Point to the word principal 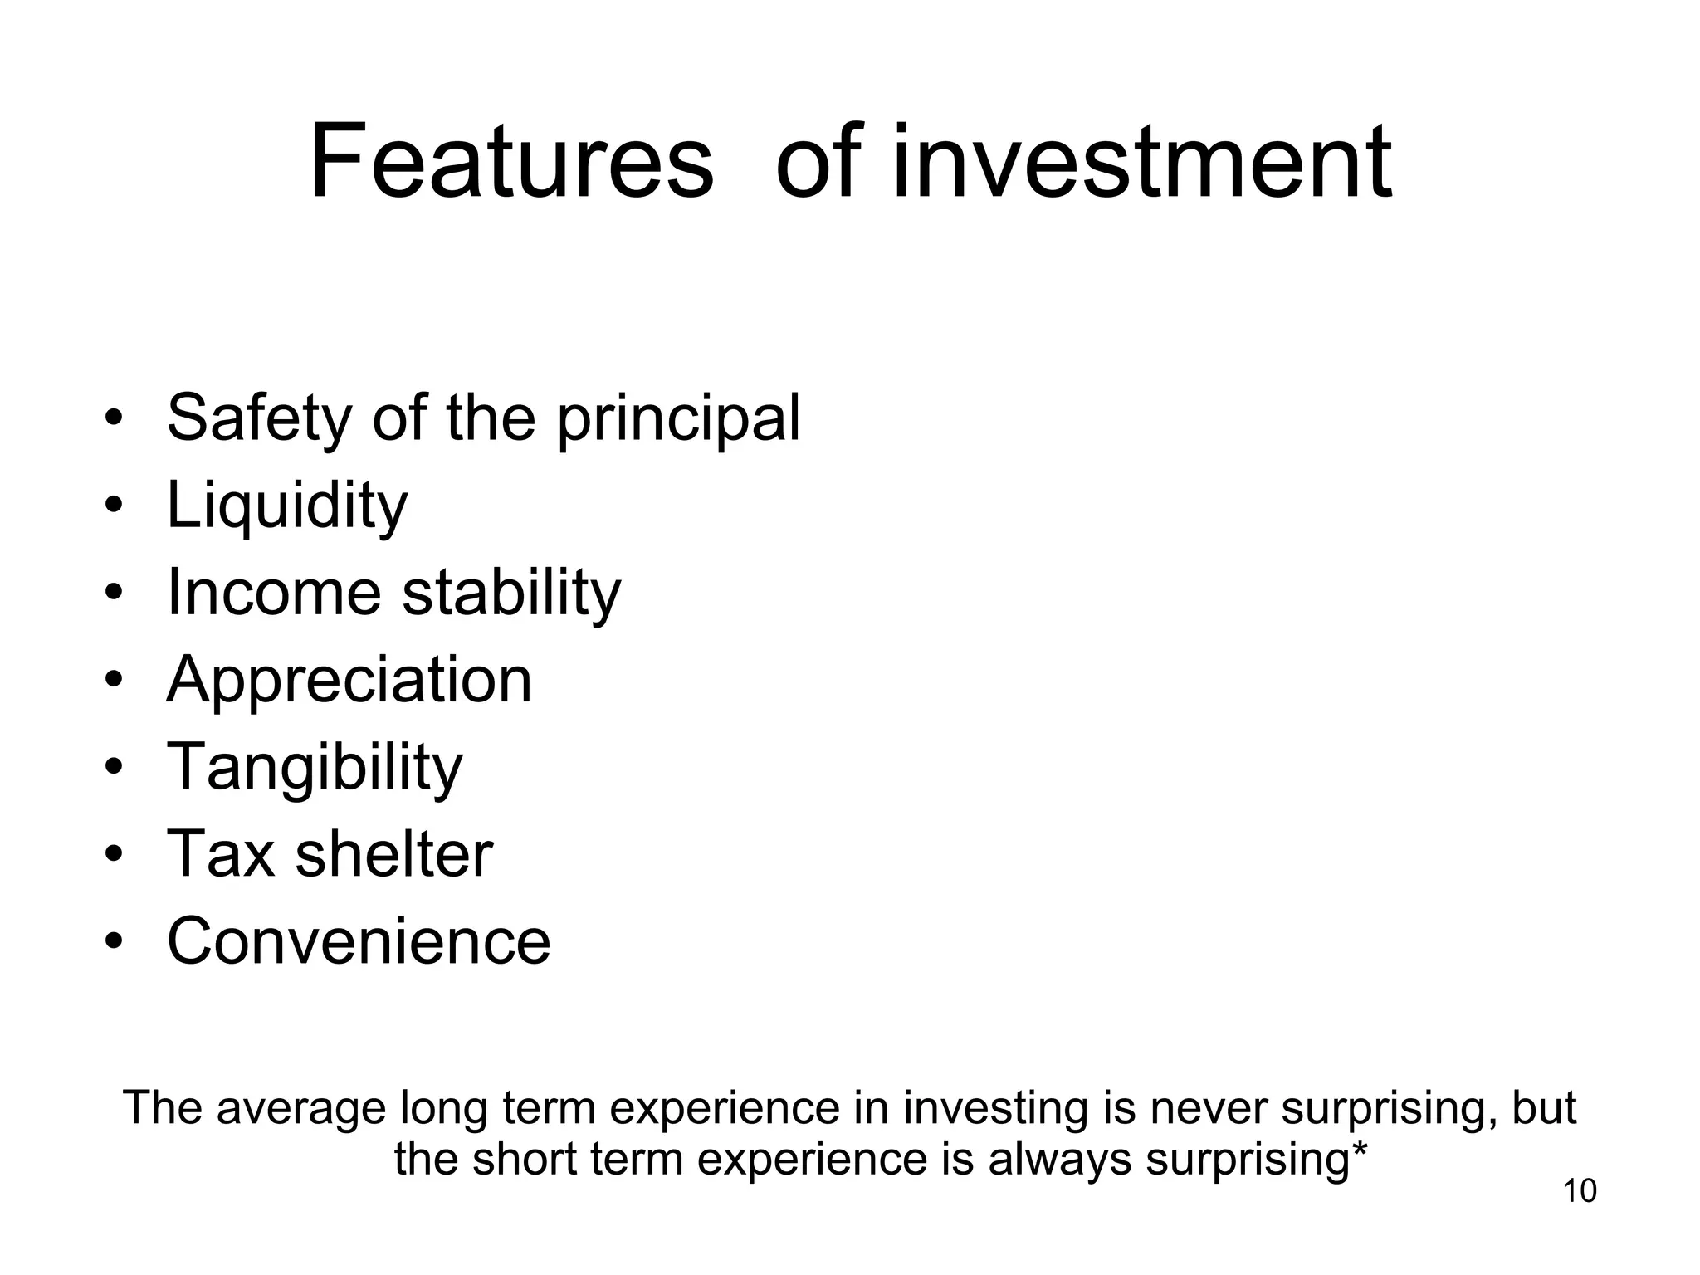[678, 420]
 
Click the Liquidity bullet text [287, 506]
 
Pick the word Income [274, 593]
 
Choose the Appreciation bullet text [349, 681]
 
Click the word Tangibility [315, 768]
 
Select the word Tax [221, 854]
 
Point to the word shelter [394, 854]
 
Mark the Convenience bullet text [359, 941]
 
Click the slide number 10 [1580, 1191]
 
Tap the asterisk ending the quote [1360, 1150]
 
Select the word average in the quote [302, 1109]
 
